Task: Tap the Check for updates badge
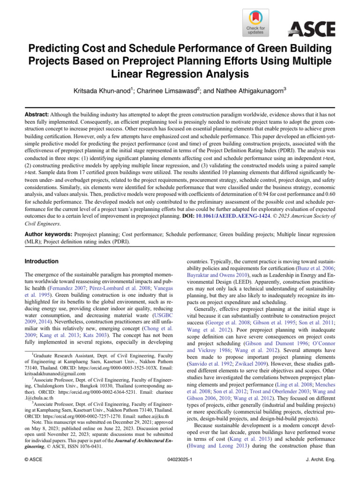click(x=255, y=22)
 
